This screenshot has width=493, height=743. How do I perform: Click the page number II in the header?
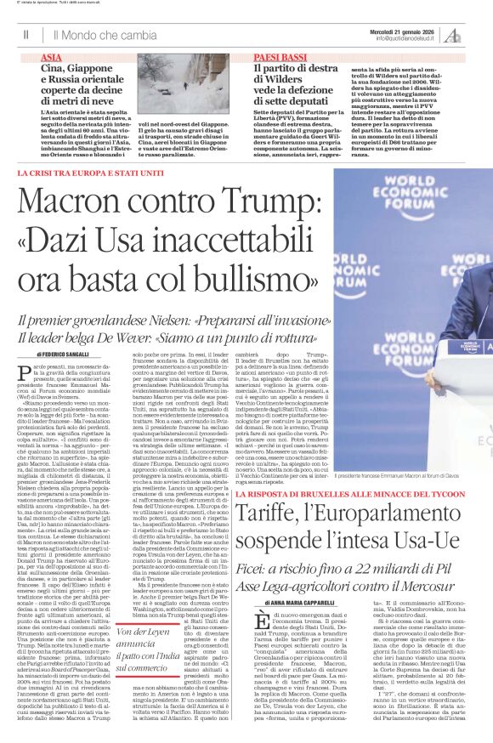26,35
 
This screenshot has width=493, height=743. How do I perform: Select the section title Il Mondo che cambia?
105,36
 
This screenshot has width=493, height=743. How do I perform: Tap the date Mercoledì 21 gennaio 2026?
413,31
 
